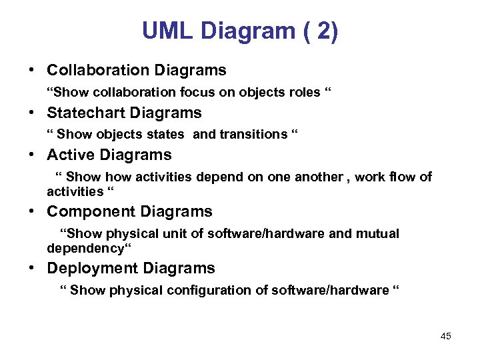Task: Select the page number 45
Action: (x=446, y=336)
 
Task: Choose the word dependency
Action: (x=85, y=249)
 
